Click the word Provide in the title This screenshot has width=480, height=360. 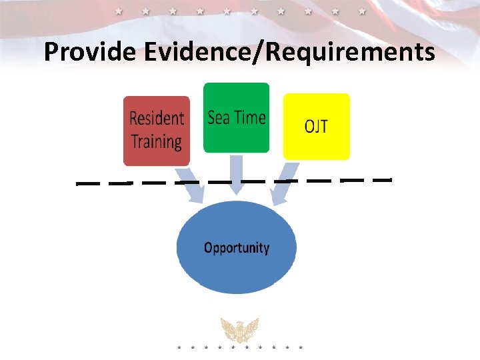pyautogui.click(x=90, y=51)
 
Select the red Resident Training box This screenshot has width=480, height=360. pyautogui.click(x=157, y=131)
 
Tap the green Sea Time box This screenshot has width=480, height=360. pyautogui.click(x=236, y=117)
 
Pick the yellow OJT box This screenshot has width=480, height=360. pyautogui.click(x=316, y=126)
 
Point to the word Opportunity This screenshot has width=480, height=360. pyautogui.click(x=236, y=248)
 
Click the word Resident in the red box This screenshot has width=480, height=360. pyautogui.click(x=157, y=119)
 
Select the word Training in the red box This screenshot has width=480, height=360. pyautogui.click(x=157, y=142)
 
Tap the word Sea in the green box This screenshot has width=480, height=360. pyautogui.click(x=218, y=118)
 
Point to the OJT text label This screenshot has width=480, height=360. pyautogui.click(x=316, y=126)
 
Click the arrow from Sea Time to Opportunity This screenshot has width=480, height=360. pyautogui.click(x=236, y=175)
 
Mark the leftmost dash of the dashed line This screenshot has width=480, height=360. pyautogui.click(x=87, y=182)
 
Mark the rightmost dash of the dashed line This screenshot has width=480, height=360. pyautogui.click(x=381, y=179)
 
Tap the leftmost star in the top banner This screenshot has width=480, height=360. pyautogui.click(x=119, y=11)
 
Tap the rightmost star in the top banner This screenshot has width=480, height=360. pyautogui.click(x=362, y=11)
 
